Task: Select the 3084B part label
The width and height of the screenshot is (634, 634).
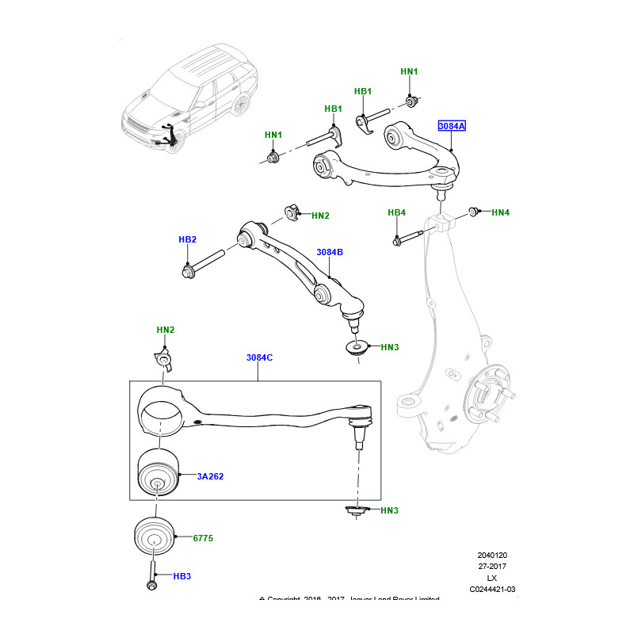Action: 329,252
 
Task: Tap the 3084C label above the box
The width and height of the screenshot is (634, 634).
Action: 259,357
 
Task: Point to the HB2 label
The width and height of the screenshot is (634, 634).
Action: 187,239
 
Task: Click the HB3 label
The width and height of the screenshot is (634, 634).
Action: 182,576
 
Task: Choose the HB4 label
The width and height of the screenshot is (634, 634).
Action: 396,212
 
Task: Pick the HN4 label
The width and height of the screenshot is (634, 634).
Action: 500,212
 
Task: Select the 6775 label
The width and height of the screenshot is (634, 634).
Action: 203,538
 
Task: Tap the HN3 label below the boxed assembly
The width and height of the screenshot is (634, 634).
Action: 389,510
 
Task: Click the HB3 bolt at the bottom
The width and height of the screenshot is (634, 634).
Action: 151,577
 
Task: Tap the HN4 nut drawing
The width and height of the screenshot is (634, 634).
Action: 473,212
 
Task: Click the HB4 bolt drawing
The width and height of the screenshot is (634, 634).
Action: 412,236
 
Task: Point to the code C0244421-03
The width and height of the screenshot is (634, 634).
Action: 491,589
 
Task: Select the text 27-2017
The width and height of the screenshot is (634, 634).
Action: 491,567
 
